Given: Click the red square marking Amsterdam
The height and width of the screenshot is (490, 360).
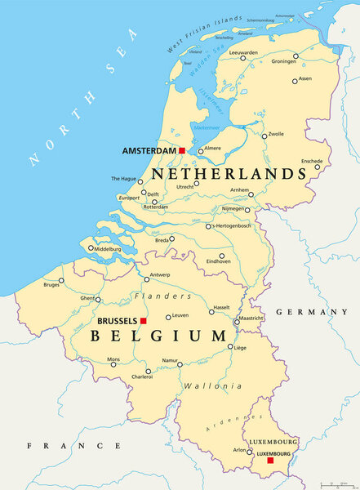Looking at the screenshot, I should click(182, 150).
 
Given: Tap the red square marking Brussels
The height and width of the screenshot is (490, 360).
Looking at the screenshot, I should click(143, 321).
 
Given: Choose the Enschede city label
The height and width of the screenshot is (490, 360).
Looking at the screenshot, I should click(312, 161).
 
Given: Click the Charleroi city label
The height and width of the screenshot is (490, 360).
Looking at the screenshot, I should click(143, 377).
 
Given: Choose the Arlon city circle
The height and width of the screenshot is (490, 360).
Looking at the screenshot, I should click(250, 450).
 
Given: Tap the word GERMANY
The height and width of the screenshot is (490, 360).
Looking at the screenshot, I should click(312, 312).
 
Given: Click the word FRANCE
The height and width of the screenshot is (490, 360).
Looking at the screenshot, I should click(73, 446).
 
